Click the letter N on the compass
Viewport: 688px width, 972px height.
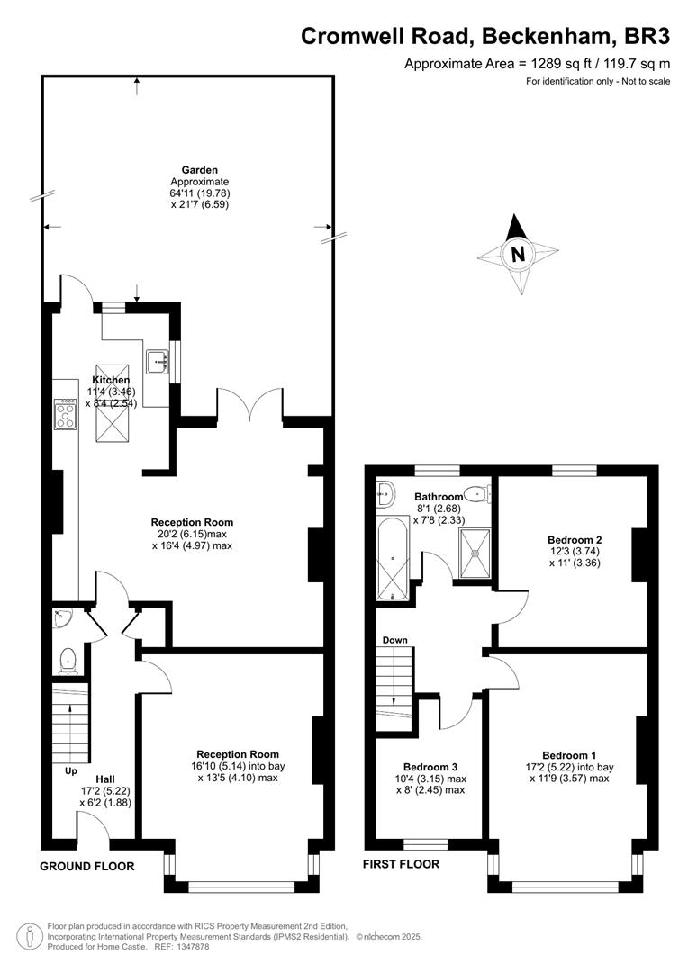click(x=518, y=254)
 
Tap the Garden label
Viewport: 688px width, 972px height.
click(x=199, y=170)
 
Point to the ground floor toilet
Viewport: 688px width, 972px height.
click(x=67, y=661)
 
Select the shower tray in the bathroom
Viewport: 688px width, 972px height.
click(x=475, y=553)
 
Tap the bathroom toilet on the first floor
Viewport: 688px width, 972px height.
click(x=477, y=494)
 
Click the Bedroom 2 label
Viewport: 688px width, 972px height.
click(x=575, y=540)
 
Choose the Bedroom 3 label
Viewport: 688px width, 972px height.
click(x=430, y=768)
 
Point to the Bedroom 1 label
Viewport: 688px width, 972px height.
click(x=569, y=755)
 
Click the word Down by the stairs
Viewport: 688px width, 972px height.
click(x=394, y=641)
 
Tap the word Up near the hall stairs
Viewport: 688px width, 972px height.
click(x=71, y=771)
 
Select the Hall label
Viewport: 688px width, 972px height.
click(x=104, y=779)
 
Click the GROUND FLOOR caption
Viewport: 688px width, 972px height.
click(x=86, y=866)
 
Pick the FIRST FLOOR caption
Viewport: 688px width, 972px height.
click(x=401, y=863)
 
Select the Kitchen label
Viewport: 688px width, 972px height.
click(x=111, y=380)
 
